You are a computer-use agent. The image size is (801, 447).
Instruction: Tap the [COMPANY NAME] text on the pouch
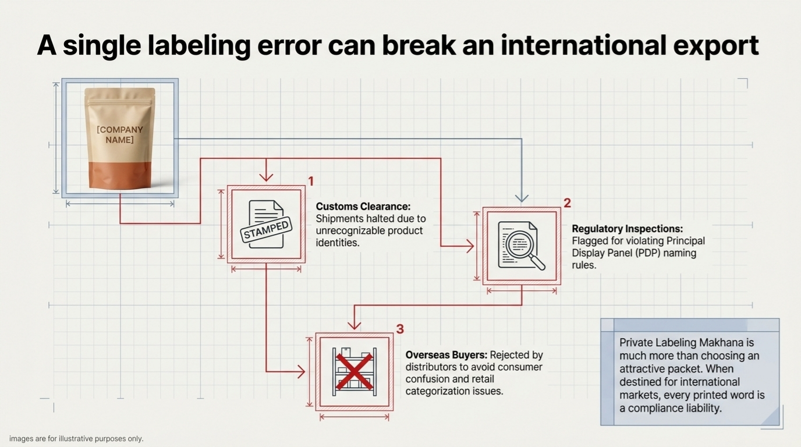point(120,134)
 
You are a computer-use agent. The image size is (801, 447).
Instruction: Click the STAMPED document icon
point(266,224)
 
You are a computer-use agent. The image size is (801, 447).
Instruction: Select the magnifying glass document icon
point(522,246)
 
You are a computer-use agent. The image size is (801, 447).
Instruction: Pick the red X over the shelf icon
point(354,372)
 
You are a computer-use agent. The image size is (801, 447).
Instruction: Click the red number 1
point(311,182)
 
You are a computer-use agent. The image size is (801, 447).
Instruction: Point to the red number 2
point(567,203)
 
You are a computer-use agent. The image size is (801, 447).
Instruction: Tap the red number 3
point(400,329)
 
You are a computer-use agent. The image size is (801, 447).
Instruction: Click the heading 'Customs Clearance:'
point(363,207)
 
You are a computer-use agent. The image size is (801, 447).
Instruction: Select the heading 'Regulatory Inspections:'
point(627,229)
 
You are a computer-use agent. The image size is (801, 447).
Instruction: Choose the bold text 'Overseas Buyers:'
point(446,354)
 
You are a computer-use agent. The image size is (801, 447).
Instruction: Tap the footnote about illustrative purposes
point(76,438)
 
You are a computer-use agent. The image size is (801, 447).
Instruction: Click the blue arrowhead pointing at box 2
point(522,198)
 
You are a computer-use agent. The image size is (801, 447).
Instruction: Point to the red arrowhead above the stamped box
point(266,177)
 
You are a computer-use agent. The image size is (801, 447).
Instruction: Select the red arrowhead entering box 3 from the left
point(301,372)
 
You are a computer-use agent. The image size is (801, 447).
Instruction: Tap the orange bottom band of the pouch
point(120,175)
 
